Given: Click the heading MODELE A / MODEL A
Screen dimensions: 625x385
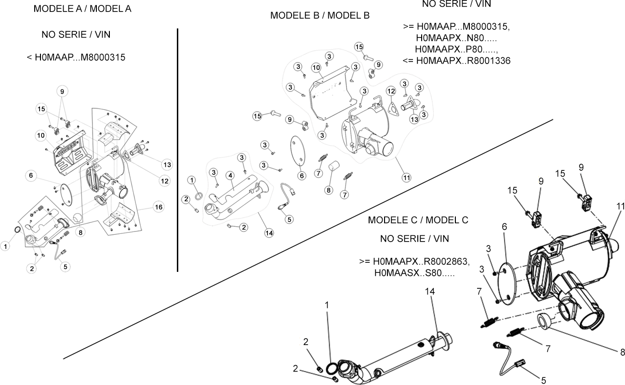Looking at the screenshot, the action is [82, 9].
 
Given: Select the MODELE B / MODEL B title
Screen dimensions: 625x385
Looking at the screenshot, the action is [320, 15].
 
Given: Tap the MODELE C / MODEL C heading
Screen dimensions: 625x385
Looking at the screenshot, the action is [418, 220].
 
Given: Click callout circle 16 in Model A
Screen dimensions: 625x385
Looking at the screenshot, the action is [159, 207].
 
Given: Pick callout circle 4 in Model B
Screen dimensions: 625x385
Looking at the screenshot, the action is [230, 176].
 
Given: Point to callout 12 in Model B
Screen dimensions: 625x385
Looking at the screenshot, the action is [391, 91].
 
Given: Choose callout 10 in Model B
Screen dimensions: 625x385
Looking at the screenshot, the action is [316, 68].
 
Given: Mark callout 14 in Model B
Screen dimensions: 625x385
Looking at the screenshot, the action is [269, 233].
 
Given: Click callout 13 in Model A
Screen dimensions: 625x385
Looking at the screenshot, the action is [167, 165].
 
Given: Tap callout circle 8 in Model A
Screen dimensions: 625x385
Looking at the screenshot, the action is [80, 232].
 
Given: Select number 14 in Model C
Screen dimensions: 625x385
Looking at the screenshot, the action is [430, 291].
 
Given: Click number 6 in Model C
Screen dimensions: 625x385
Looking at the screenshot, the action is [505, 227].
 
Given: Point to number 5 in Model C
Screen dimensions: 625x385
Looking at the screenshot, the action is [544, 380].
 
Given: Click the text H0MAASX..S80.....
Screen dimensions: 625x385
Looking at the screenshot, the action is [414, 273].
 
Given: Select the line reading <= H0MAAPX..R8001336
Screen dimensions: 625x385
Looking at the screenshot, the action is [456, 61].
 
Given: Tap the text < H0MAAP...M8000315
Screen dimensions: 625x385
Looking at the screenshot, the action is [76, 58].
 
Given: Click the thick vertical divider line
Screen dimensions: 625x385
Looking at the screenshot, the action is [177, 150].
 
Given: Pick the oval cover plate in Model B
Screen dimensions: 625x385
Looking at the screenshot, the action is [298, 151].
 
